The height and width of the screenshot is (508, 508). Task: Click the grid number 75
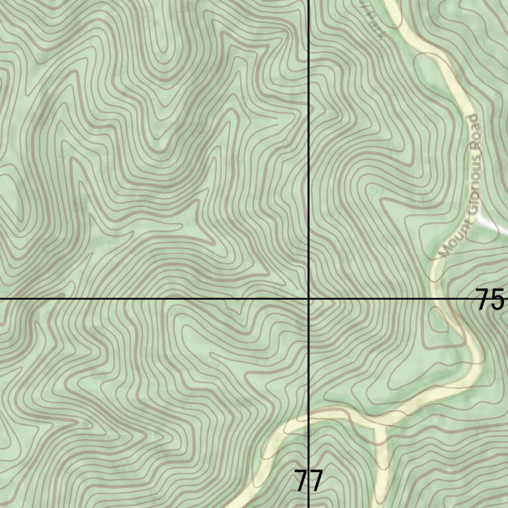pos(490,300)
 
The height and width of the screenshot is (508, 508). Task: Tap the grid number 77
pos(308,481)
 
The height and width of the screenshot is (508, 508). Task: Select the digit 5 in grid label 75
pos(497,300)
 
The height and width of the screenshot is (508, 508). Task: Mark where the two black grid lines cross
pos(309,299)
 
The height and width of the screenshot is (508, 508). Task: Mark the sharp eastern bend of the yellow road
pos(478,360)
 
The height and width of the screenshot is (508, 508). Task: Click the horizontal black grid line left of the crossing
pos(152,299)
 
